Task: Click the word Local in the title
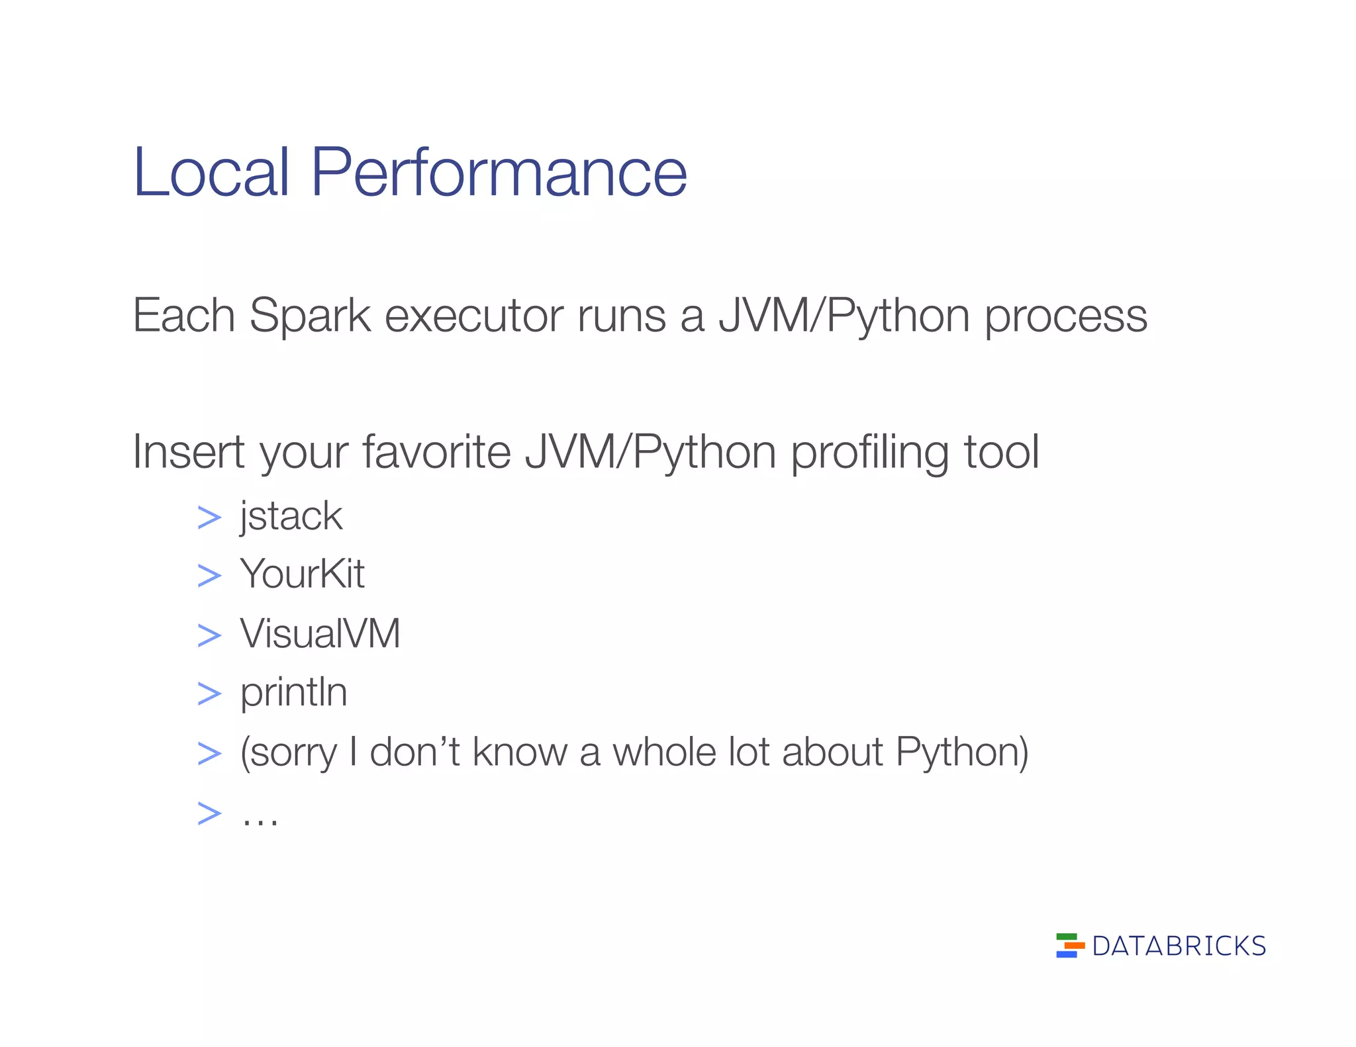[211, 173]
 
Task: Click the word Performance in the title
[498, 173]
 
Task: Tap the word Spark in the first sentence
[310, 316]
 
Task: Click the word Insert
[188, 453]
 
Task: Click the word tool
[1000, 453]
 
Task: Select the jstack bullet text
[291, 517]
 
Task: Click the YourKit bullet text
[302, 574]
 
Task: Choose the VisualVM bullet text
[320, 633]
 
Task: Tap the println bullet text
[293, 693]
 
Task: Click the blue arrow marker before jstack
[209, 518]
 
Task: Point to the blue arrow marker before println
[209, 694]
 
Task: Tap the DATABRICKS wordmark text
[1179, 946]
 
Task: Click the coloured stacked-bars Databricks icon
[1069, 946]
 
